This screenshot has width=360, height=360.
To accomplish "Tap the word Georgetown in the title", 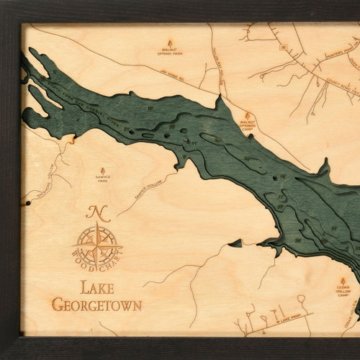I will tap(96, 305).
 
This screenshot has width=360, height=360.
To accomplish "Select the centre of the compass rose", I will tap(96, 245).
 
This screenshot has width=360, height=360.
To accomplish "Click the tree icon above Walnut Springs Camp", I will tap(248, 114).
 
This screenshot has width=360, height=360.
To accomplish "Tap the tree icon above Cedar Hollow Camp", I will tap(343, 280).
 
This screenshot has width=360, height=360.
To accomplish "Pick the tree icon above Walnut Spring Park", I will tap(170, 40).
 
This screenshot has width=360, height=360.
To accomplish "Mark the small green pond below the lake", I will tap(235, 243).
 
